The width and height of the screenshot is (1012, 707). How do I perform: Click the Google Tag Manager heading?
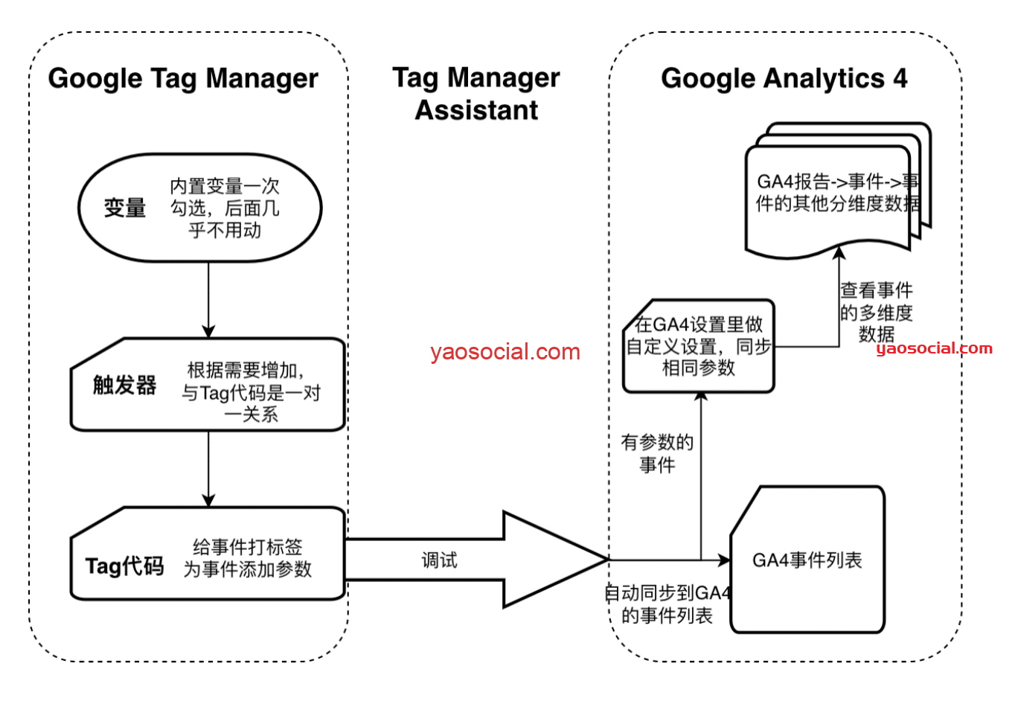[x=182, y=78]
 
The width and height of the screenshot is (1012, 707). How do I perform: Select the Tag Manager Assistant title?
[x=476, y=94]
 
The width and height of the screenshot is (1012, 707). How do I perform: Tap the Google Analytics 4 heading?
[x=784, y=78]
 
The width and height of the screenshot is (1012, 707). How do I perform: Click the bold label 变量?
[x=124, y=208]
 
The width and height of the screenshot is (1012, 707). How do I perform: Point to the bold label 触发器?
[x=124, y=385]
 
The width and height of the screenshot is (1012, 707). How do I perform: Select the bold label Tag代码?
[x=124, y=566]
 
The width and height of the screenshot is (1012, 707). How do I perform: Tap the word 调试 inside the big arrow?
[x=439, y=560]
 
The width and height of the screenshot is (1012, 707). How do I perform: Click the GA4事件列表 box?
[x=807, y=560]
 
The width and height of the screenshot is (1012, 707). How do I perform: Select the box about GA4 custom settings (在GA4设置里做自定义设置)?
[x=698, y=346]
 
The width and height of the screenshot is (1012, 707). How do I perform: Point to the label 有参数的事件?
[x=657, y=453]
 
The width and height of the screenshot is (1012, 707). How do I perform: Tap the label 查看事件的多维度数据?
[x=876, y=311]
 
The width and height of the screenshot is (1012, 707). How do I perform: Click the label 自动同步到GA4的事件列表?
[x=667, y=604]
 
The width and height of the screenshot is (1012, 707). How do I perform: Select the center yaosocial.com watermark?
[x=505, y=352]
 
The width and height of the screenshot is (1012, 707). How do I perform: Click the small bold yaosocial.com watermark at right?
[x=934, y=348]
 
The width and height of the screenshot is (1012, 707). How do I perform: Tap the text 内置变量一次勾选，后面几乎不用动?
[x=225, y=208]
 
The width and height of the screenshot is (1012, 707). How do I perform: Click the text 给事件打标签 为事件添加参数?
[x=248, y=558]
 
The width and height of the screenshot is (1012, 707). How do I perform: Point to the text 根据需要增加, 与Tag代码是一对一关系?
[x=251, y=392]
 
